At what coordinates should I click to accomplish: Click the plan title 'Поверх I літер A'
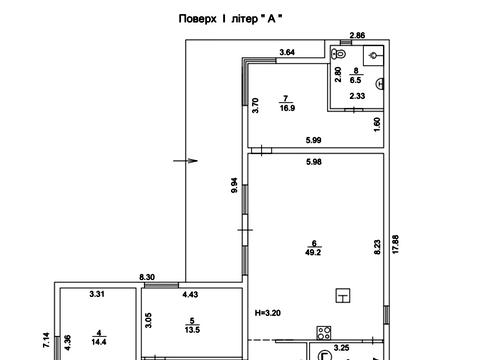click(230, 19)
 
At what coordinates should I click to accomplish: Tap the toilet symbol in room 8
click(339, 54)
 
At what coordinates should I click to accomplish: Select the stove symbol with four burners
click(324, 333)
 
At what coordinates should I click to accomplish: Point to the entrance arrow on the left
click(185, 161)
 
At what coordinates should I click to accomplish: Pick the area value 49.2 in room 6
click(313, 252)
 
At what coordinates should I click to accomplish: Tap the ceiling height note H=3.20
click(268, 313)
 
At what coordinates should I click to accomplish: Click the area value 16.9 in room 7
click(287, 108)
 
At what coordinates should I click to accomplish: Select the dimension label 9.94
click(234, 185)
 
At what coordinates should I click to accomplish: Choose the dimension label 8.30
click(147, 277)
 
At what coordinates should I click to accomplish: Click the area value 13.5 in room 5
click(192, 330)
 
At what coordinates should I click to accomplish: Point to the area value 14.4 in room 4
click(99, 342)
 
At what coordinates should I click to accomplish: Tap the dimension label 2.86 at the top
click(357, 35)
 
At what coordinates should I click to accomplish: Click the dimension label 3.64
click(287, 52)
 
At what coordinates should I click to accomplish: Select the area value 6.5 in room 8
click(356, 80)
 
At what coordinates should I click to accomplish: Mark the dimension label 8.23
click(377, 247)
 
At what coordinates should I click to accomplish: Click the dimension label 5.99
click(313, 140)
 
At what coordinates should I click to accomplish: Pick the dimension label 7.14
click(46, 340)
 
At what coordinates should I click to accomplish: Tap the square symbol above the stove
click(343, 295)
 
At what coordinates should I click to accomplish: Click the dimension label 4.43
click(190, 294)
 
